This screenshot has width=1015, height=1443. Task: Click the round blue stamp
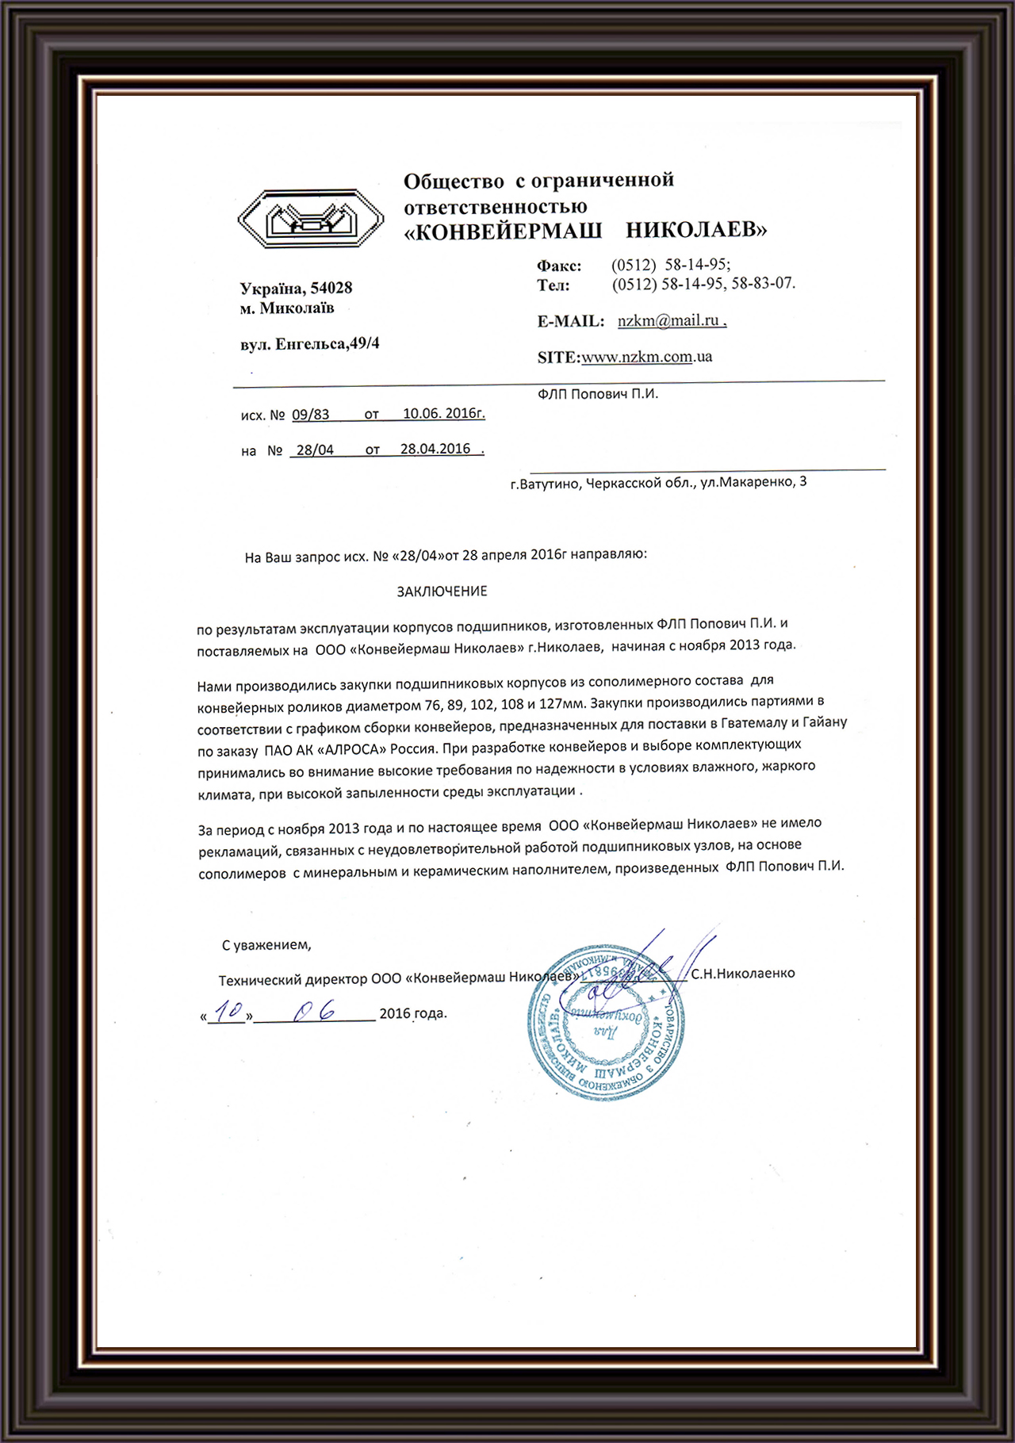point(607,1023)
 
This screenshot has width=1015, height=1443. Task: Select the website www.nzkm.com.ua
point(646,358)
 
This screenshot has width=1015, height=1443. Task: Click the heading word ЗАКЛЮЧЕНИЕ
point(442,591)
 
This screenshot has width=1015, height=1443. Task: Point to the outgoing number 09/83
point(310,415)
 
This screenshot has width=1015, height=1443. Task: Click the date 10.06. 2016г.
point(443,413)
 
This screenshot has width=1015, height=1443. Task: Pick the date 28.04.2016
point(435,449)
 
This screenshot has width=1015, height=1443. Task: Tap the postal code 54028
point(331,288)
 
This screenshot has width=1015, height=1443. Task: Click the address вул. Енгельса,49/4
point(309,344)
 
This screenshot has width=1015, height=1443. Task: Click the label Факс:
point(559,266)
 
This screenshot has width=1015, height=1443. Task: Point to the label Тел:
point(553,285)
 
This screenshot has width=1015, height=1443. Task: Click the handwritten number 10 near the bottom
point(228,1012)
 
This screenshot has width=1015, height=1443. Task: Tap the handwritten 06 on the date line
point(313,1012)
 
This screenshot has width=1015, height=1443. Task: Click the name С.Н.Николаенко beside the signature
point(742,974)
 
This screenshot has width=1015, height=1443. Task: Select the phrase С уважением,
point(266,945)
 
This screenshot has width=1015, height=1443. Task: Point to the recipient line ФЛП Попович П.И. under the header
point(597,394)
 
